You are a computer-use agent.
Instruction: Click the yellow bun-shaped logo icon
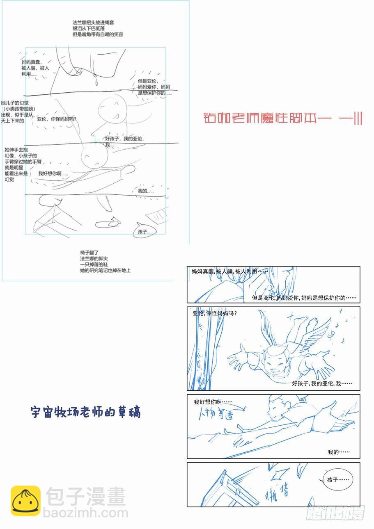(25, 501)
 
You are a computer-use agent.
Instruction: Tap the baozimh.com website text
(87, 513)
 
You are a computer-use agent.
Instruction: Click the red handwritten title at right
(283, 119)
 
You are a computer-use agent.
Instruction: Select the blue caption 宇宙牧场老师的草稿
(86, 412)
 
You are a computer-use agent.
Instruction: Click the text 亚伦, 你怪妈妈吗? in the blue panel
(215, 314)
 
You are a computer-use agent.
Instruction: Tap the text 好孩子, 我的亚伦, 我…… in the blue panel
(317, 383)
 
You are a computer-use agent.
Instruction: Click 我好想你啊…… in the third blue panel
(213, 402)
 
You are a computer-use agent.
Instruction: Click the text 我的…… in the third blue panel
(339, 452)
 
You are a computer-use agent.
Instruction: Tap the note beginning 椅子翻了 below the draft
(105, 262)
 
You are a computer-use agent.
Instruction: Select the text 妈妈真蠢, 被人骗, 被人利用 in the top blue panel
(229, 271)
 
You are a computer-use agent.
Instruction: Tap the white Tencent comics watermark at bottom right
(335, 513)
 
